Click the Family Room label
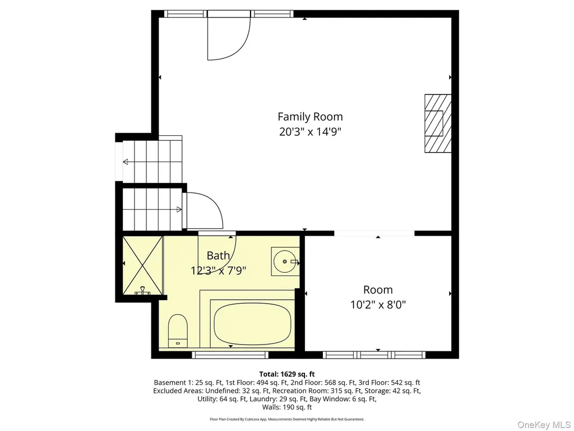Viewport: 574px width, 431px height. [x=310, y=117]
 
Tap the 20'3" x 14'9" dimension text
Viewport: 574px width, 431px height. [x=310, y=131]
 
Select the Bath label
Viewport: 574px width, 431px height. [x=218, y=255]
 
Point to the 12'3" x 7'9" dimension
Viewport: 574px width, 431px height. [x=218, y=270]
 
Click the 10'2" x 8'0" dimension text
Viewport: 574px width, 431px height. [x=378, y=305]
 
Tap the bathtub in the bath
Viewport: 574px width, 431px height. [x=252, y=324]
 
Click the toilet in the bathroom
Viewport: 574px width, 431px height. [x=178, y=331]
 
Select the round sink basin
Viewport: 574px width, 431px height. [x=285, y=262]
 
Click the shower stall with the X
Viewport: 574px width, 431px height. [x=142, y=265]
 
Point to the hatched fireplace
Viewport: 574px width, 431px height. [x=438, y=123]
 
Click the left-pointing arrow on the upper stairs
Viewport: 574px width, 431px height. [x=125, y=162]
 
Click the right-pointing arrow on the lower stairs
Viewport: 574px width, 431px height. [x=179, y=210]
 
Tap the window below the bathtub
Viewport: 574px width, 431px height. [x=230, y=355]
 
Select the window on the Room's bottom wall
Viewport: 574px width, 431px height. [x=374, y=355]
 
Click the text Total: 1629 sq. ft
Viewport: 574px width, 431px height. [x=287, y=374]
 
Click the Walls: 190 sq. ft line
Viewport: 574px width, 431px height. [x=287, y=407]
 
